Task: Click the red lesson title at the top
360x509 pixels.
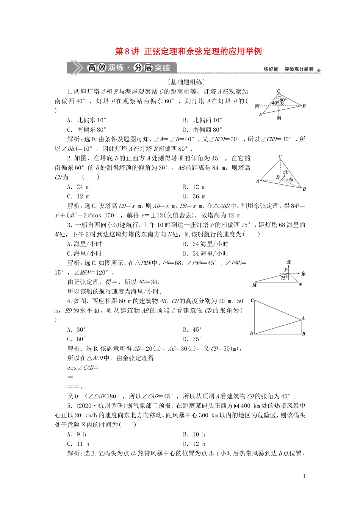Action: [188, 52]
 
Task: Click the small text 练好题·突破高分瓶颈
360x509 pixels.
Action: [289, 69]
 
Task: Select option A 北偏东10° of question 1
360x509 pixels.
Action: [87, 120]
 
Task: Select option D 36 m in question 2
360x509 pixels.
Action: [194, 196]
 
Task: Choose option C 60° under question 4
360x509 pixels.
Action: [77, 339]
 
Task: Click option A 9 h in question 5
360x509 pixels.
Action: [77, 434]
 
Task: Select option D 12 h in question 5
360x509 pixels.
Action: [194, 444]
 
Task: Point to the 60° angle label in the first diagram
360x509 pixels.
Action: [283, 100]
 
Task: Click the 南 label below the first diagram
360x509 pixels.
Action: [279, 118]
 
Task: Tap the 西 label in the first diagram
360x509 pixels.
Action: [257, 106]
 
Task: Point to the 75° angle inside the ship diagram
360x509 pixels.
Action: [284, 278]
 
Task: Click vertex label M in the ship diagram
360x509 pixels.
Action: [254, 285]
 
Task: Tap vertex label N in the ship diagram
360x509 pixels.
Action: [300, 285]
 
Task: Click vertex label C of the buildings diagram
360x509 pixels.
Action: [252, 300]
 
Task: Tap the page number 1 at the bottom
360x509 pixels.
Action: [304, 476]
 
